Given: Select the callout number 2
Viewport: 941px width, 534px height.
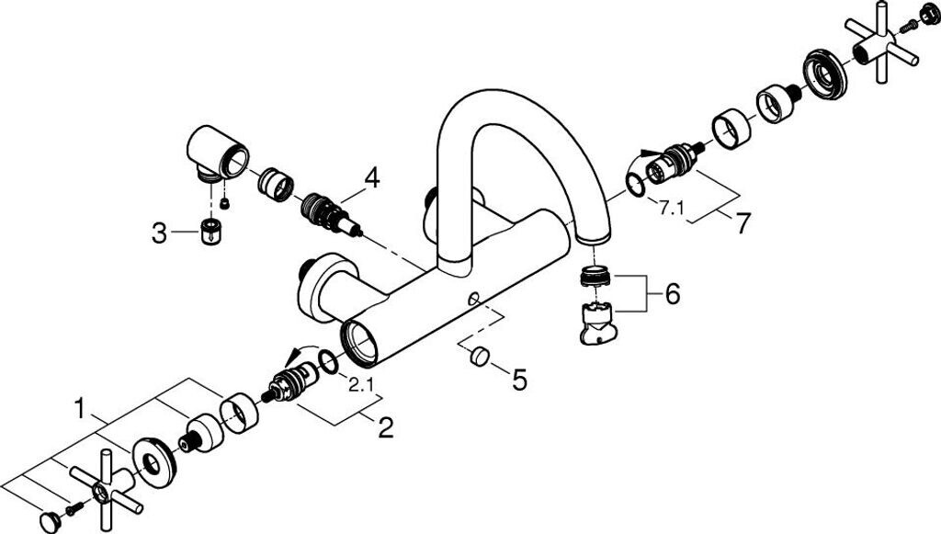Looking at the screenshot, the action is tap(386, 427).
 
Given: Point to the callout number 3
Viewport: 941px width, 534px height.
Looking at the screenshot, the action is tap(160, 233).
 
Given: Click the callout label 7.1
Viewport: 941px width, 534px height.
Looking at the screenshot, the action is tap(672, 208).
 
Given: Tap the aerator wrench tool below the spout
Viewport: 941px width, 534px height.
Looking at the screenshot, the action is tap(600, 323).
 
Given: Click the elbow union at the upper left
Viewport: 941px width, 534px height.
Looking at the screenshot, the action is tap(219, 153).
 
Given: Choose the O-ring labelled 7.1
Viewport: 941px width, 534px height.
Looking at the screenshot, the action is tap(635, 186).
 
